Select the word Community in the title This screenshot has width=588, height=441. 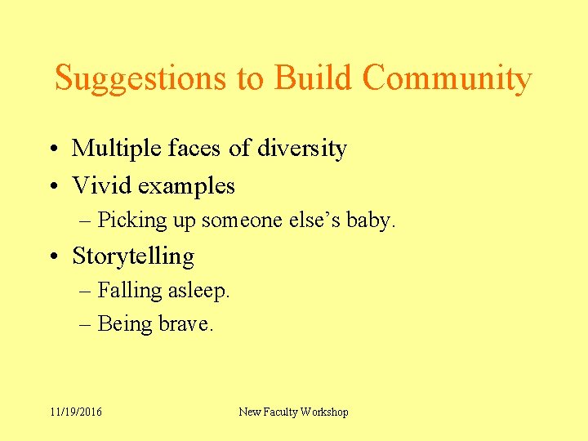tap(447, 79)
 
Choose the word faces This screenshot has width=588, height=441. tap(195, 149)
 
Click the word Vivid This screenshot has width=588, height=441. tap(102, 185)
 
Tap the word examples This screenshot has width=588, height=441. tap(186, 186)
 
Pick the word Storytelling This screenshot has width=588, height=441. tap(133, 256)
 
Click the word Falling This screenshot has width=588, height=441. tap(129, 290)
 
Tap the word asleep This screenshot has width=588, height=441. tap(198, 290)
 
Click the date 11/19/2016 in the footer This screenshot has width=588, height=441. tap(76, 412)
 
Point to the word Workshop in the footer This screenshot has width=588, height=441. tap(324, 412)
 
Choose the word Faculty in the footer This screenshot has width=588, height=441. tap(280, 412)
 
